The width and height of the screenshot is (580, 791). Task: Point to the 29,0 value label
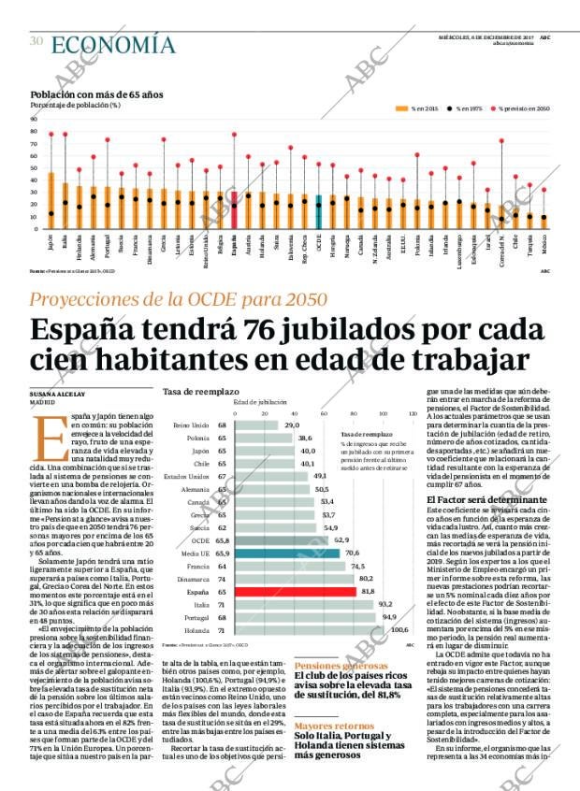[x=292, y=424]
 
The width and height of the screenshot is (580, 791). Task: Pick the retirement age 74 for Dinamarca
[x=222, y=579]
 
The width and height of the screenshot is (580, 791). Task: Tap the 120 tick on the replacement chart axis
[x=413, y=412]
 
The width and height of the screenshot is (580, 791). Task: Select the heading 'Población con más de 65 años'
[x=96, y=94]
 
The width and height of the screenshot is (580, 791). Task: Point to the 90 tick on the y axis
[x=35, y=120]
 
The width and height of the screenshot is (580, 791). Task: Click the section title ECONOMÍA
[x=112, y=44]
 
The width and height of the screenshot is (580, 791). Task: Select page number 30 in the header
[x=36, y=40]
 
